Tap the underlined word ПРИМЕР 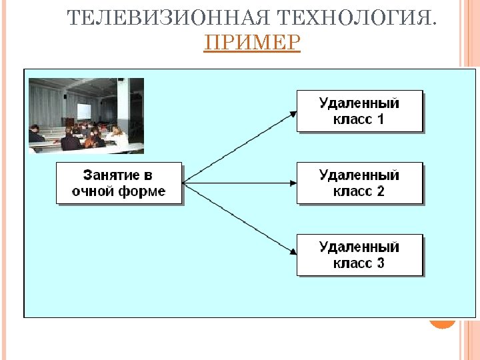tap(252, 43)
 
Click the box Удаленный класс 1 tap(359, 111)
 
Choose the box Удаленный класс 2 tap(359, 183)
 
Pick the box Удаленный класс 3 tap(359, 255)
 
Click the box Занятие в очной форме tap(119, 183)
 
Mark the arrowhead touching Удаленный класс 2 tap(293, 182)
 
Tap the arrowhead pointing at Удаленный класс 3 tap(293, 251)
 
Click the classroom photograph tap(86, 115)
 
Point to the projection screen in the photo tap(84, 111)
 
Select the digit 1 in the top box tap(381, 120)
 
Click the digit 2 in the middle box tap(381, 191)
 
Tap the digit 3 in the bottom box tap(381, 263)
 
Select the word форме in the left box tap(142, 192)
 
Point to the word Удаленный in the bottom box tap(359, 247)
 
